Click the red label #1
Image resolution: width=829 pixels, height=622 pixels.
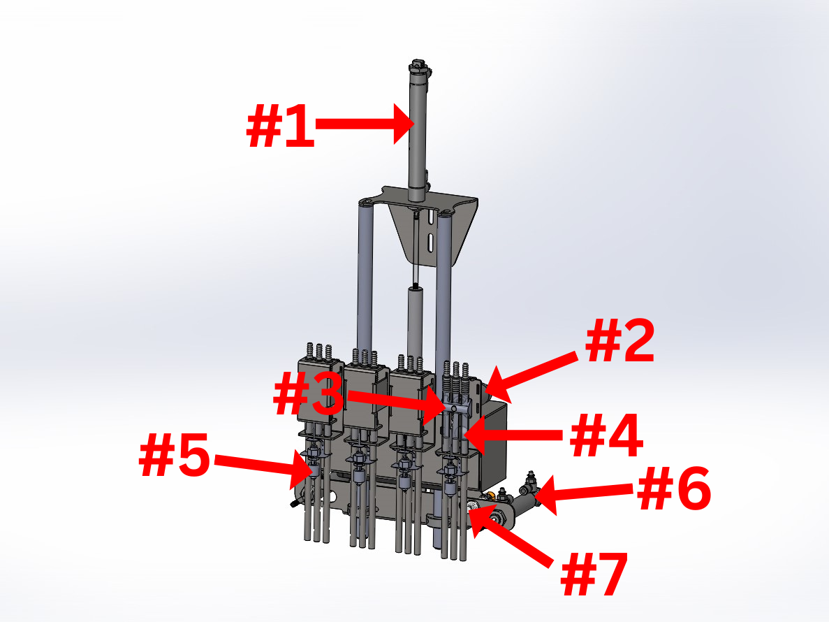[280, 126]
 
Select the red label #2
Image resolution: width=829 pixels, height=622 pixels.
[619, 341]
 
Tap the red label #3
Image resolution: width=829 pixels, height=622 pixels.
[308, 393]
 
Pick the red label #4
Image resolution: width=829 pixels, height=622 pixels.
[606, 435]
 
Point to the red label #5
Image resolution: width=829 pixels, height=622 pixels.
[175, 456]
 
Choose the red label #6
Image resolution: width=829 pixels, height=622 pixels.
[674, 489]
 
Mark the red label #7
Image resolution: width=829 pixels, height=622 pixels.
[594, 573]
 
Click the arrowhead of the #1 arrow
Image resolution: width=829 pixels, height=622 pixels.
[405, 124]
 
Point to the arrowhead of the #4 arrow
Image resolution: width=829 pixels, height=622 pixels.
[474, 435]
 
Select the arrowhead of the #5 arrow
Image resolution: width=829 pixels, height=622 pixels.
[301, 470]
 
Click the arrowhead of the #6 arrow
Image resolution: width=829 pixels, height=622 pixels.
[545, 496]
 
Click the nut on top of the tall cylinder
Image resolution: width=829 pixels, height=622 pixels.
[417, 67]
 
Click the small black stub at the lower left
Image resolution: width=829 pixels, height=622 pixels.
[293, 503]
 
